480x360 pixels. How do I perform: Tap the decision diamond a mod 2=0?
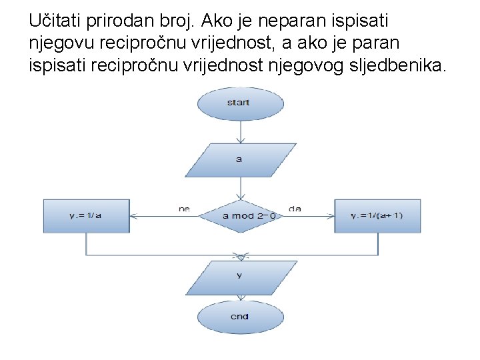coord(239,216)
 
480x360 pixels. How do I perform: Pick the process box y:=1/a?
coord(85,216)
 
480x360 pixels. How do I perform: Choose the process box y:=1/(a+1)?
coord(377,216)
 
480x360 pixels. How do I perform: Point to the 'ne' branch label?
coord(184,209)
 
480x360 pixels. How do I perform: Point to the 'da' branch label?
coord(295,209)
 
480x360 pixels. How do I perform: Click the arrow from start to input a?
coord(239,132)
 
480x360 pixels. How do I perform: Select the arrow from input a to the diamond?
coord(239,188)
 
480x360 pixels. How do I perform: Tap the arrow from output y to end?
coord(239,297)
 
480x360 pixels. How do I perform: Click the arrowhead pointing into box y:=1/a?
coord(133,216)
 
